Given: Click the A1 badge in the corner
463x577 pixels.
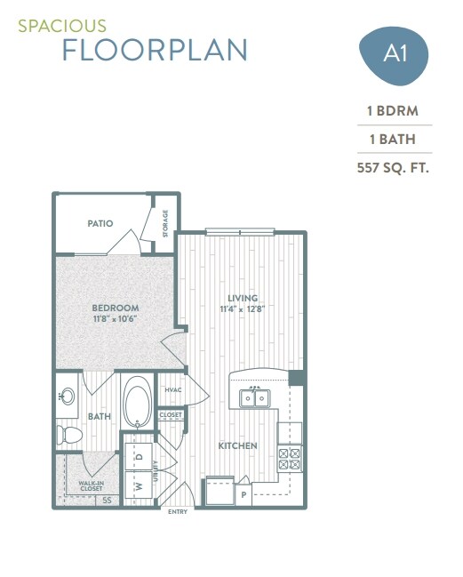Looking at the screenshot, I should [x=393, y=53].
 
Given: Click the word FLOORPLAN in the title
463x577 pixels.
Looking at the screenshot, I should [x=155, y=50].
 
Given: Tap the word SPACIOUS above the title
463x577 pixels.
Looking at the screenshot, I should [x=61, y=27].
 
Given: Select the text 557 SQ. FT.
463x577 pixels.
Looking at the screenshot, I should [x=393, y=166].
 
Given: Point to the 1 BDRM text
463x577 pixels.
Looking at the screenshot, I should [x=393, y=111].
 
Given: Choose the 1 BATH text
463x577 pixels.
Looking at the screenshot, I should [x=393, y=139].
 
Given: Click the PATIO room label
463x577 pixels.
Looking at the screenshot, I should [x=100, y=223].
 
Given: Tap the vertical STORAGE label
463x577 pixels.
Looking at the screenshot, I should [x=165, y=223].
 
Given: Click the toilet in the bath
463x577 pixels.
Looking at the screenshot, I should [x=68, y=435].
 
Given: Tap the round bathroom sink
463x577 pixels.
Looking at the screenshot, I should [x=67, y=397].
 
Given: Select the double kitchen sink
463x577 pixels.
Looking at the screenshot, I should [x=255, y=397].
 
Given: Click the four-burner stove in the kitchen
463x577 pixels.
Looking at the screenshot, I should [x=290, y=458].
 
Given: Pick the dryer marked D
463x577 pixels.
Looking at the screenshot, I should [x=138, y=456].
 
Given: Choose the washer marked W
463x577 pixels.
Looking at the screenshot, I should [x=138, y=486].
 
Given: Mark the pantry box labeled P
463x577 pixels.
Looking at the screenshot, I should [x=243, y=492].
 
